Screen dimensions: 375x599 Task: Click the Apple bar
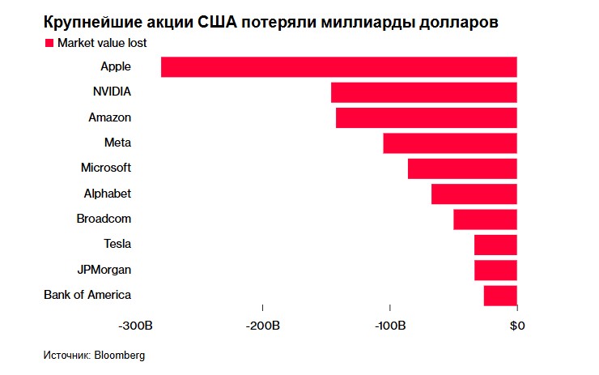(338, 67)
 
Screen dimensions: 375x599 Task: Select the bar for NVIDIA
(423, 92)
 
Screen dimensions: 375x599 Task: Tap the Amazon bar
(426, 117)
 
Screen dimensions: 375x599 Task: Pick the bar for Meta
(449, 143)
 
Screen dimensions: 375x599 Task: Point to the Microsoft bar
(462, 168)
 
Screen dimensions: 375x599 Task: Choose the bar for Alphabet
(474, 194)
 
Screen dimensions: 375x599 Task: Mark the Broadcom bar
(485, 219)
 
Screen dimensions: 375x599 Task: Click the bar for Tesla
(495, 244)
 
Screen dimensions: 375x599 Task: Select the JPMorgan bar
(495, 270)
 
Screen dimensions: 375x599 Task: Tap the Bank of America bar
(500, 295)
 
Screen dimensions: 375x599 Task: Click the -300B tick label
(136, 326)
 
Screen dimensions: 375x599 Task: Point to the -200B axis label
(263, 326)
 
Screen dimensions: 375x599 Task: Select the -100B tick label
(390, 326)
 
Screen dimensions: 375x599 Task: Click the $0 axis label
(516, 326)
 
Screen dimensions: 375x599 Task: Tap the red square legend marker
(49, 43)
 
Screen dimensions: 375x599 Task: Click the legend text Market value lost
(102, 43)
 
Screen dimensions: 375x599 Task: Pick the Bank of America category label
(87, 295)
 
